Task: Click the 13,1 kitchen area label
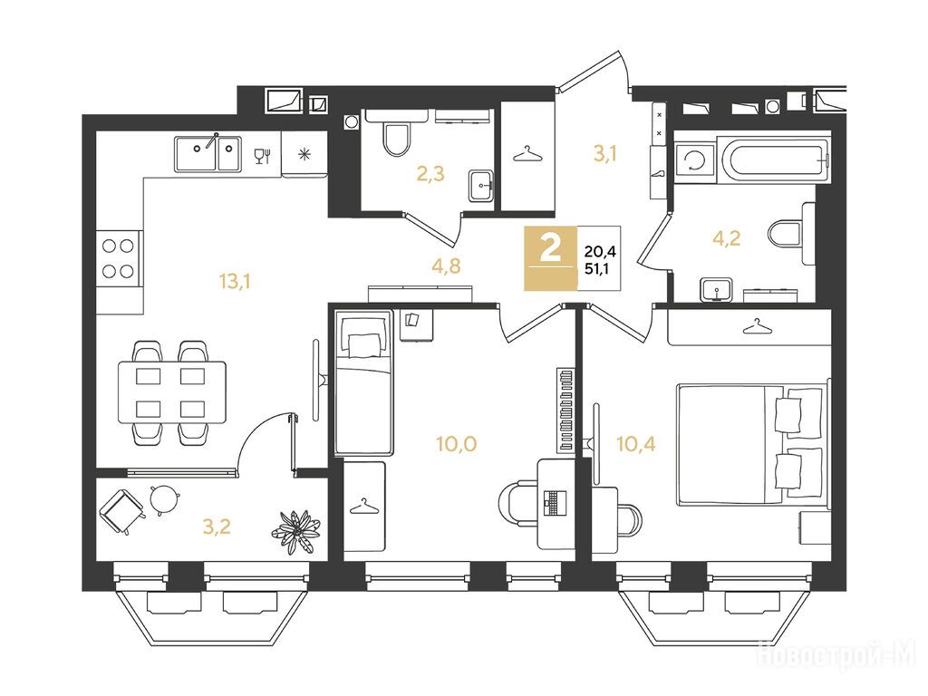pos(235,282)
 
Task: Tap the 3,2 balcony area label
pos(217,527)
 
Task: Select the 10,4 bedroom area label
pos(635,443)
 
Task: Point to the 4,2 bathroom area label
pos(727,238)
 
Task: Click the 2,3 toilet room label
pos(430,174)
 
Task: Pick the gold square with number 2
pos(550,258)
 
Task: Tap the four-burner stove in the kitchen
pos(119,258)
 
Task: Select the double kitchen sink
pos(208,153)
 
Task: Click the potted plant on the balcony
pos(295,531)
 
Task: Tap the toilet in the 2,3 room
pos(397,136)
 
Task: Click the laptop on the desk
pos(554,502)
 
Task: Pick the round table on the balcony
pos(163,498)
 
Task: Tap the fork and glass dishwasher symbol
pos(262,155)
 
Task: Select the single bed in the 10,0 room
pos(364,382)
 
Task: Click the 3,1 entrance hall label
pos(605,154)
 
